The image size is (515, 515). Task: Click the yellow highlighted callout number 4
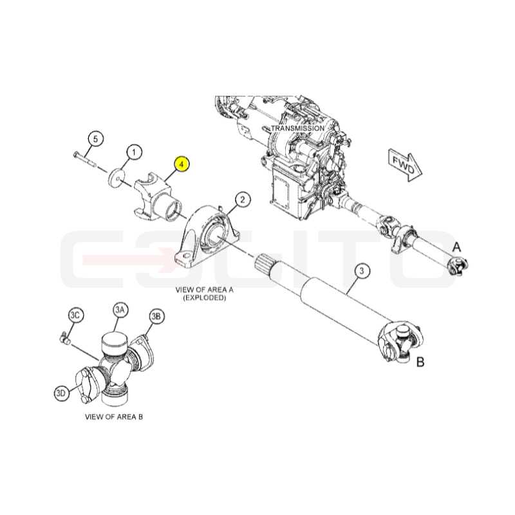(x=182, y=164)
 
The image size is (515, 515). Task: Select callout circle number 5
(x=95, y=139)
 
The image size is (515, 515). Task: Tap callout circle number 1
(x=134, y=153)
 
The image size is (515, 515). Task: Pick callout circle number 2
(x=243, y=200)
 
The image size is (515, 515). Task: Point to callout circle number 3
(x=362, y=270)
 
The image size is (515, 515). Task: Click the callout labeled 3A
(x=120, y=310)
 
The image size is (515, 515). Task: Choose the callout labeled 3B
(x=156, y=316)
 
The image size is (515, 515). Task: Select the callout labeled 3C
(x=75, y=315)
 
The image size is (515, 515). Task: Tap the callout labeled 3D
(x=62, y=393)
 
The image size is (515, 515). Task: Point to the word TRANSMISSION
(x=297, y=128)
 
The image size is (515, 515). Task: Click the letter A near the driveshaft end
(x=457, y=247)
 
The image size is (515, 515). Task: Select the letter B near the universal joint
(x=420, y=362)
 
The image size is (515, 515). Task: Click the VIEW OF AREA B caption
(x=114, y=417)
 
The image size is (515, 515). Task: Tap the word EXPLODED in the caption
(x=205, y=298)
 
